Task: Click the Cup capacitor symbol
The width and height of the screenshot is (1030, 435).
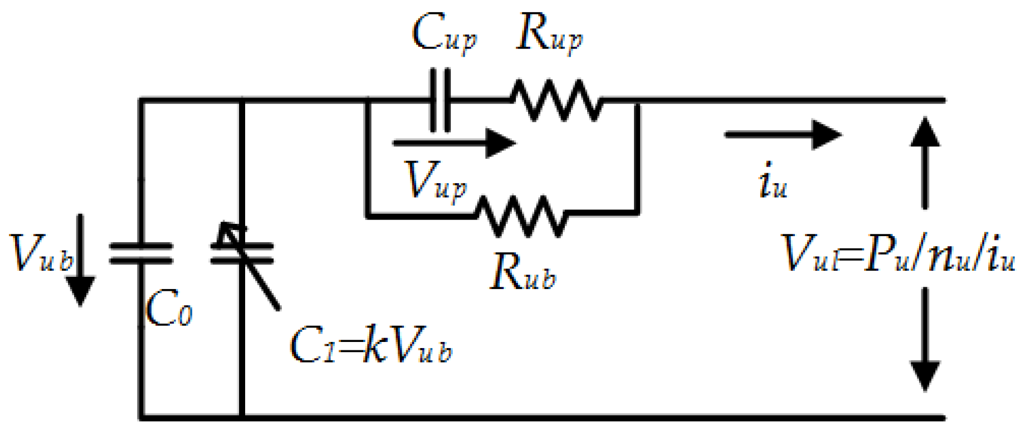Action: pyautogui.click(x=440, y=100)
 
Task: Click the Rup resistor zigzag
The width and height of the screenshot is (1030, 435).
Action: pyautogui.click(x=556, y=100)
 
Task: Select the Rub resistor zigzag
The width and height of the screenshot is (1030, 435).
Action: pyautogui.click(x=521, y=216)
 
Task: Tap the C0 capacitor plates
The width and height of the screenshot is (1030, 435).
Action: pyautogui.click(x=141, y=253)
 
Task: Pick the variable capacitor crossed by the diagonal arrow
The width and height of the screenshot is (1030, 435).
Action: pyautogui.click(x=242, y=253)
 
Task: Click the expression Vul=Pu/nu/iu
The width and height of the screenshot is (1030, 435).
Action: pyautogui.click(x=899, y=253)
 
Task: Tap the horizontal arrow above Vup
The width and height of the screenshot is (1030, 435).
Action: pyautogui.click(x=454, y=143)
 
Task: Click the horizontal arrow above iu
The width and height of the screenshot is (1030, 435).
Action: pyautogui.click(x=783, y=134)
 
